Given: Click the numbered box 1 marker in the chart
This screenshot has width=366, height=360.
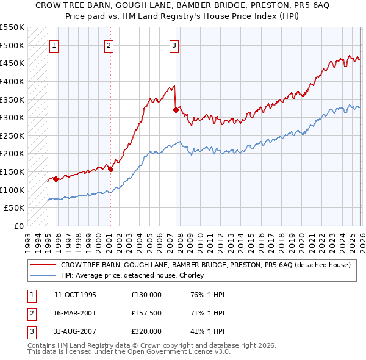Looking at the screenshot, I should tap(54, 45).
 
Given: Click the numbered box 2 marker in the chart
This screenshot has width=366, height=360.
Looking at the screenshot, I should tap(109, 45).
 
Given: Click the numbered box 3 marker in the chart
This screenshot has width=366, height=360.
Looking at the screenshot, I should tap(174, 45).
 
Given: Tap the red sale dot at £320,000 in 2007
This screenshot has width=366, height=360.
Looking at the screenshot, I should tap(176, 110).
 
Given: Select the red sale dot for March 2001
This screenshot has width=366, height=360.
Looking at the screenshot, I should tap(110, 169).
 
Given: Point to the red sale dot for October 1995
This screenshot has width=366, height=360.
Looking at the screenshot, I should tap(56, 179).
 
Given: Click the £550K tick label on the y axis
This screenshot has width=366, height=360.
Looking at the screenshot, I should tap(12, 27).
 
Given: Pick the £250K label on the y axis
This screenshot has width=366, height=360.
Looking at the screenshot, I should tap(12, 135).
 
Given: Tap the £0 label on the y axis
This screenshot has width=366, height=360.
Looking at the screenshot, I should tap(18, 226).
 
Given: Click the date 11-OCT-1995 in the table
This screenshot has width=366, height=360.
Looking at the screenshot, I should tap(75, 295).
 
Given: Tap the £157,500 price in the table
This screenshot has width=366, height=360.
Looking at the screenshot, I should tap(146, 313).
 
